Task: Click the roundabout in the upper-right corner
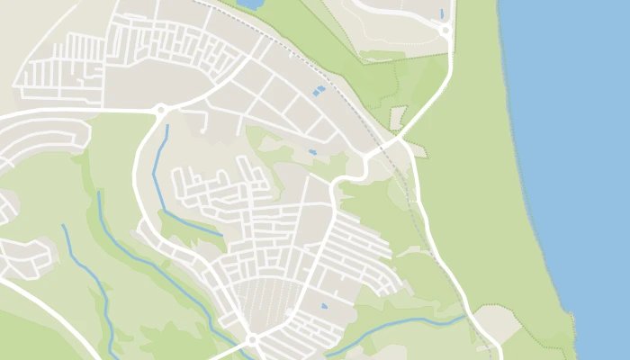coord(445,31)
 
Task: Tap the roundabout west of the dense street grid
coord(161,111)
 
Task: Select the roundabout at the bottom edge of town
coord(253,339)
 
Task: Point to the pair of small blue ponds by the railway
coord(318,91)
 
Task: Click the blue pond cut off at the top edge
coord(251,4)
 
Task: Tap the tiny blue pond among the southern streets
coord(324,307)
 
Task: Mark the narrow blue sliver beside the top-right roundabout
coord(443,13)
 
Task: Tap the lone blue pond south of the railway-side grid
coord(312,152)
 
